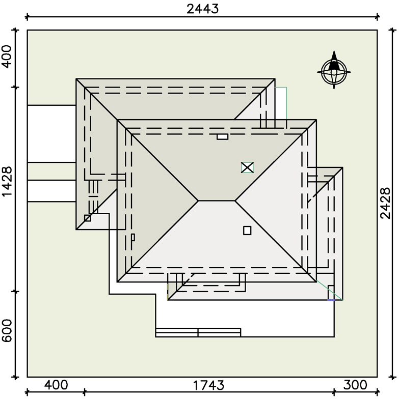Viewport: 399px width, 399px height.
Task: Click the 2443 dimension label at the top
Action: click(x=203, y=9)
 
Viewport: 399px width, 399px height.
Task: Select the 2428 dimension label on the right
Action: click(x=385, y=203)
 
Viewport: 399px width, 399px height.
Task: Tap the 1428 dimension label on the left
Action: click(x=7, y=182)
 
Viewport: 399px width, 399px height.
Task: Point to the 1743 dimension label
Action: click(x=209, y=385)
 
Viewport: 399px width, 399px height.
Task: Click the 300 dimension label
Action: click(x=355, y=385)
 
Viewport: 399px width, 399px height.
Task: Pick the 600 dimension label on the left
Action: click(x=7, y=331)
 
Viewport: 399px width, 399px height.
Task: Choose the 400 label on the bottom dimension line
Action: click(x=56, y=385)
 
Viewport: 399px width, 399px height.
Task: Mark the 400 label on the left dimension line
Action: click(x=7, y=56)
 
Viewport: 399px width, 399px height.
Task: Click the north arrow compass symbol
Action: click(x=334, y=70)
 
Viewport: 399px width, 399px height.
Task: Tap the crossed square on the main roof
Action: click(x=247, y=167)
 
